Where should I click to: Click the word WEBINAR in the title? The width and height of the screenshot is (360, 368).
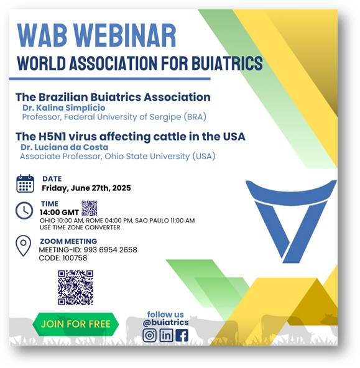tap(126, 35)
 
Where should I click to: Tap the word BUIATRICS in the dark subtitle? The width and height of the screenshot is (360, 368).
tap(227, 63)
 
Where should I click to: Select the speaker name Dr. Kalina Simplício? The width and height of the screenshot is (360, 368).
tap(64, 108)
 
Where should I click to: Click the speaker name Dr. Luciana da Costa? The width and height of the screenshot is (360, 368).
tap(65, 147)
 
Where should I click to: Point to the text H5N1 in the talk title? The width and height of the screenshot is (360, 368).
tap(52, 137)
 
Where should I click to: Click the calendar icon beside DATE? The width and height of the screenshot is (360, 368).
tap(25, 184)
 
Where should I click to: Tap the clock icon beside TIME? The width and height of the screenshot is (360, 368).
tap(24, 210)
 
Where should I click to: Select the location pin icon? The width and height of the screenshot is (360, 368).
tap(23, 246)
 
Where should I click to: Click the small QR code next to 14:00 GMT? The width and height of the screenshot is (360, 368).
tap(90, 208)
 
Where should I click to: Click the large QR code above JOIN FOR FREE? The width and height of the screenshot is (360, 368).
tap(76, 288)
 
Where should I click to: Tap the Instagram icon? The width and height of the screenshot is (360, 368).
tap(149, 335)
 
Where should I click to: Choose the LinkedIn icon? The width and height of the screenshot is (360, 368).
tap(167, 335)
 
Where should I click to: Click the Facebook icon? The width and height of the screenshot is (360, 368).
tap(182, 336)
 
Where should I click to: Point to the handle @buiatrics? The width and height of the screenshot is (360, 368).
tap(165, 323)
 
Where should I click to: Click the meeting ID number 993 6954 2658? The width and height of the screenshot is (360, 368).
tap(110, 250)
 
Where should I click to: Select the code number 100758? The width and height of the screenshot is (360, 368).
tap(75, 258)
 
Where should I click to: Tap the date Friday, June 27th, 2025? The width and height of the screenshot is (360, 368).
tap(86, 188)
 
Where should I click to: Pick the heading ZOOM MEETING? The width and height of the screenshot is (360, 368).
tap(68, 241)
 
